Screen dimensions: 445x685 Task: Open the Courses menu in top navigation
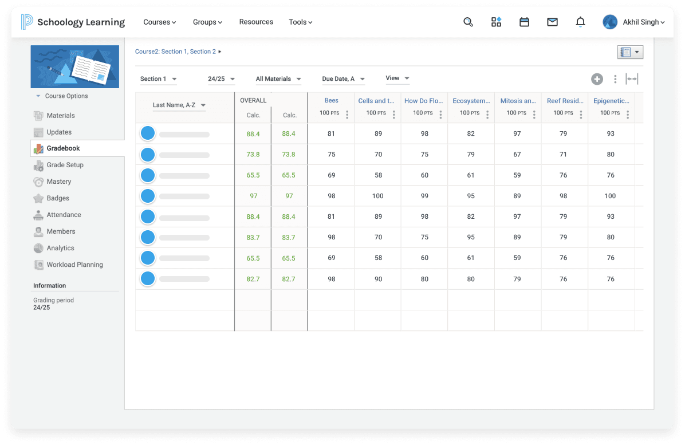tap(159, 22)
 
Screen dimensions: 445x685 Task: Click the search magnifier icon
tap(468, 22)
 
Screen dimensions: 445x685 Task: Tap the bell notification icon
tap(580, 22)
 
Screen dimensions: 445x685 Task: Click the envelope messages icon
tap(552, 22)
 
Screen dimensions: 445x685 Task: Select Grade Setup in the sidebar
tap(65, 165)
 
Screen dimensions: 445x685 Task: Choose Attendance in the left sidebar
tap(64, 215)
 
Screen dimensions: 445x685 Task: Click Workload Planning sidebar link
tap(74, 265)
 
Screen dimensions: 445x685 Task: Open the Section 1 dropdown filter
tap(159, 79)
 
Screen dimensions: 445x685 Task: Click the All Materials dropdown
tap(278, 79)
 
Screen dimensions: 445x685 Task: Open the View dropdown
tap(397, 78)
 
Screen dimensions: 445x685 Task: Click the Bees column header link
tap(331, 101)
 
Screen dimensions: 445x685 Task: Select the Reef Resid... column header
tap(564, 101)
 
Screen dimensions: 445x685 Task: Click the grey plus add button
tap(597, 79)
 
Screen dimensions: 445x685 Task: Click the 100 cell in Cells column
tap(378, 196)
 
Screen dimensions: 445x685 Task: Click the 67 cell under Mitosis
tap(517, 155)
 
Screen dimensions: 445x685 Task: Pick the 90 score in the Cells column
tap(378, 279)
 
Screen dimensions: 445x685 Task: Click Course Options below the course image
tap(66, 96)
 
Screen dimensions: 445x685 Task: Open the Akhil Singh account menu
tap(634, 22)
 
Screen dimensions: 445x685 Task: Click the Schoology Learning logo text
tap(81, 22)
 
